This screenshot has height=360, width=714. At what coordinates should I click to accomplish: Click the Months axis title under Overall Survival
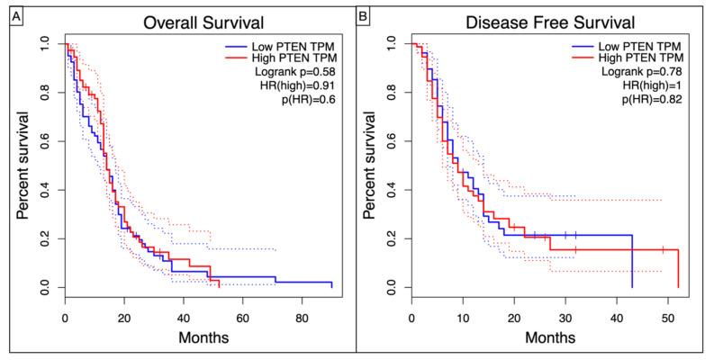pos(199,339)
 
